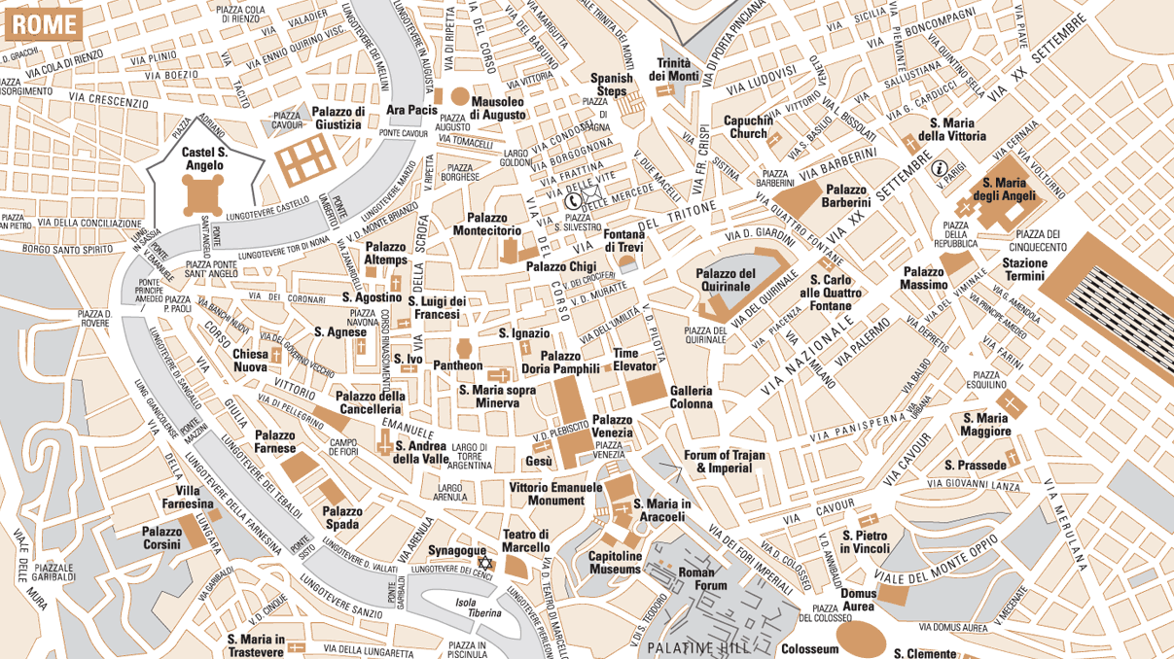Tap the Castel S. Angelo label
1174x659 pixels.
[204, 158]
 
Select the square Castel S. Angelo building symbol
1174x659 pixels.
[202, 197]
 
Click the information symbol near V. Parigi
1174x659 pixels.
[940, 168]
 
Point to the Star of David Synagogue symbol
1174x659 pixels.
[484, 564]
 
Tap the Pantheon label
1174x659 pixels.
[457, 365]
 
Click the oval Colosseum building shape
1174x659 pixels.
[862, 637]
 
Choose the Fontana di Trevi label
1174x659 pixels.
[624, 240]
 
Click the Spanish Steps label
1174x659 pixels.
[612, 85]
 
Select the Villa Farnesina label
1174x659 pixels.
[194, 498]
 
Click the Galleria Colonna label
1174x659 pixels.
[691, 397]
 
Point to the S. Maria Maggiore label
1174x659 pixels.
[985, 425]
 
